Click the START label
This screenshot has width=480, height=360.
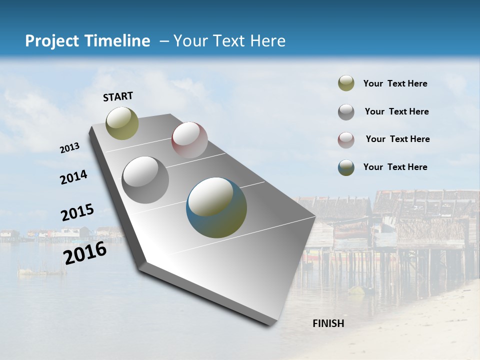tap(118, 96)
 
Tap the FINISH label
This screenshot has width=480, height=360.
tap(328, 323)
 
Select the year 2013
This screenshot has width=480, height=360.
tap(70, 148)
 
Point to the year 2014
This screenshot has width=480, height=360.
tap(74, 177)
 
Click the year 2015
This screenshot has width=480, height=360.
tap(77, 212)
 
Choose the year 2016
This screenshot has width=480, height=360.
tap(85, 252)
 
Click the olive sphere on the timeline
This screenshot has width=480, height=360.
tap(122, 123)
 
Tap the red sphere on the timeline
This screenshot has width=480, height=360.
tap(189, 140)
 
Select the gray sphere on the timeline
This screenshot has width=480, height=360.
tap(145, 180)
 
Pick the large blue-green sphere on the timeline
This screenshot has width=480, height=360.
tap(216, 207)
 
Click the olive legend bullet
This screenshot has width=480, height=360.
tap(346, 83)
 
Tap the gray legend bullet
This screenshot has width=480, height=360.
tap(346, 111)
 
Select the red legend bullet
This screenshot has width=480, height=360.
tap(346, 139)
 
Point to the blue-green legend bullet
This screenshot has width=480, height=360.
tap(346, 167)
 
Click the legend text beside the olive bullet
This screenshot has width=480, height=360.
tap(395, 83)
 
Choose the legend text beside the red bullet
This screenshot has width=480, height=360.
tap(397, 139)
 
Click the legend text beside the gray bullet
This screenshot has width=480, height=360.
tap(396, 111)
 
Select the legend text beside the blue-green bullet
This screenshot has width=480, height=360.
tap(395, 167)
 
